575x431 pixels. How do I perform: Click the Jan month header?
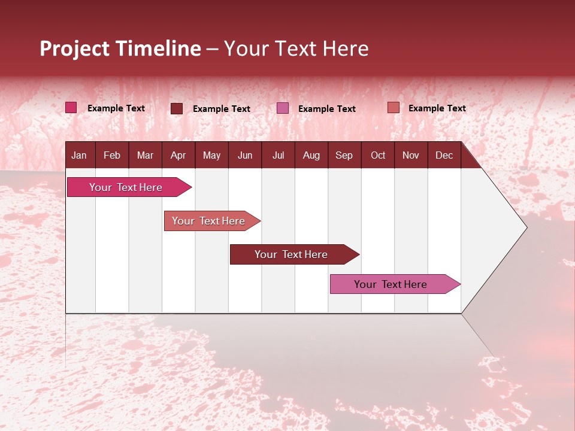click(79, 155)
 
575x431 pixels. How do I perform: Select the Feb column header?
click(112, 155)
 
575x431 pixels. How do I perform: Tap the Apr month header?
click(178, 155)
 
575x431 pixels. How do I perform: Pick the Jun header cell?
click(245, 155)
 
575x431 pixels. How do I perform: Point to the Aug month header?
click(311, 155)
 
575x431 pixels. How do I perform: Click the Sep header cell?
click(344, 155)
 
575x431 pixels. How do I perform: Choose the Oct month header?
click(378, 155)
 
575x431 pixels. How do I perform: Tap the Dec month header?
click(444, 155)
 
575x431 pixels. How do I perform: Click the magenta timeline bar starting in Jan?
click(126, 187)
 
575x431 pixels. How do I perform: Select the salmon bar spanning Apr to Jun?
click(209, 221)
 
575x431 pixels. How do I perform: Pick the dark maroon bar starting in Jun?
click(292, 254)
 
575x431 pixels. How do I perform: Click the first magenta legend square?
click(71, 108)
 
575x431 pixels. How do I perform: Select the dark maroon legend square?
click(177, 108)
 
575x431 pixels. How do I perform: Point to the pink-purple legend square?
click(283, 108)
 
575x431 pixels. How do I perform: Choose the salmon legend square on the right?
click(393, 108)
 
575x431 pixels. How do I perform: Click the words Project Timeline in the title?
click(120, 48)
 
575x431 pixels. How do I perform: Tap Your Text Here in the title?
click(296, 48)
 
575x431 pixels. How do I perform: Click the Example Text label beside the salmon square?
click(437, 108)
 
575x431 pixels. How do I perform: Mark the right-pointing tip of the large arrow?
click(525, 227)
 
